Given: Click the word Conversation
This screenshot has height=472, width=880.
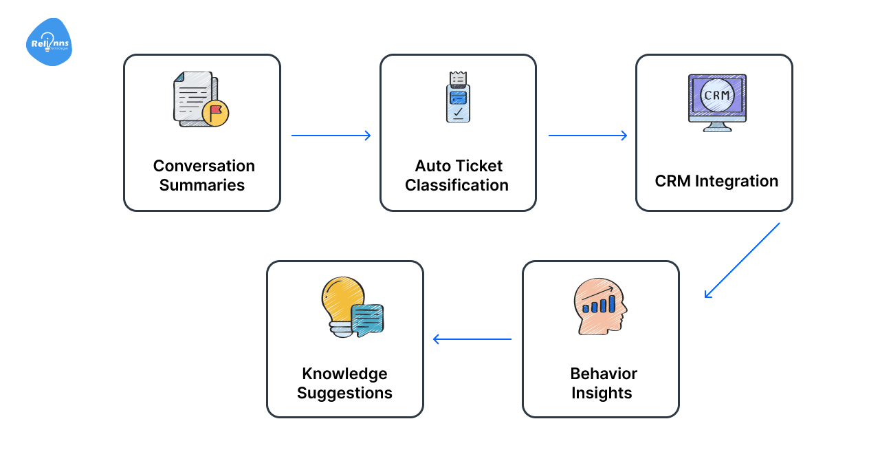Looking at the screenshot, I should point(203,166).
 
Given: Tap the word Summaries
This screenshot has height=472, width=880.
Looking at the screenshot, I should point(202,185).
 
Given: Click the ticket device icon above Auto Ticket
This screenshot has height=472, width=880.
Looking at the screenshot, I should point(458,97).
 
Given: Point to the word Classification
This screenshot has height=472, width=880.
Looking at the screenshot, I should point(456,185).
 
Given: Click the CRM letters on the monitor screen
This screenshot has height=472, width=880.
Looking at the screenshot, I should point(717,95).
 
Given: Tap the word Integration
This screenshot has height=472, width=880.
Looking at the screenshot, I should point(736,181).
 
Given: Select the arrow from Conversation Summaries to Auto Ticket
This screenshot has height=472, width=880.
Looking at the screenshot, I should point(331,136).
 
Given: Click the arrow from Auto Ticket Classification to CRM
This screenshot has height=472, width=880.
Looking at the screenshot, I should point(588,136).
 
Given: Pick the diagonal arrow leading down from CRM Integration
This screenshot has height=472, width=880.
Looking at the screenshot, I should point(742,260).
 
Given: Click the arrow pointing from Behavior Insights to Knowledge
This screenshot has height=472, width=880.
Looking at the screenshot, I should point(472,339).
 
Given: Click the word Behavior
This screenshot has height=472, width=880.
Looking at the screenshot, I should point(604,374).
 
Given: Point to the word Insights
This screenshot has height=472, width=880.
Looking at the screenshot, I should point(602,393).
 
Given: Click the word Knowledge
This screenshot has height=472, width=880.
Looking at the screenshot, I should point(344,374).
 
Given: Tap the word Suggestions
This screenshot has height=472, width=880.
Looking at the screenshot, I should point(344,393).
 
